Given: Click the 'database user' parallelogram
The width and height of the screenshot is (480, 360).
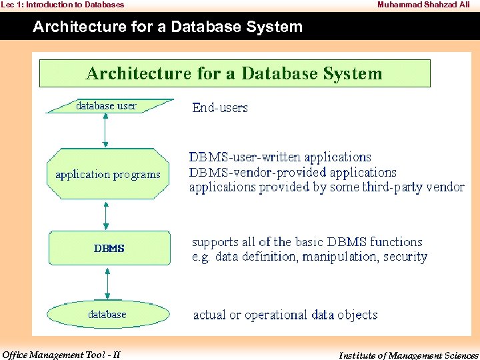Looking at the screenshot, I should [107, 106].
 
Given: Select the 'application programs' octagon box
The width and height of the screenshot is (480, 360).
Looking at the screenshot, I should [108, 174].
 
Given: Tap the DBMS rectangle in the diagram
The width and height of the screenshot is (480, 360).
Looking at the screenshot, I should [109, 248].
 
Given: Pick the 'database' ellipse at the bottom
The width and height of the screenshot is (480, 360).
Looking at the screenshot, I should [107, 314].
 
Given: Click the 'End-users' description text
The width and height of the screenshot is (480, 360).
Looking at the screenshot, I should [219, 107].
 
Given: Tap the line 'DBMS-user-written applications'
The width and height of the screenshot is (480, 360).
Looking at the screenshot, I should [280, 157].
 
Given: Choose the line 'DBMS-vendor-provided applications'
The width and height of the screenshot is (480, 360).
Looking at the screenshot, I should [293, 172].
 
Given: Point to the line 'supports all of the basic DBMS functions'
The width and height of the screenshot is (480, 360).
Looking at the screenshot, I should [307, 242].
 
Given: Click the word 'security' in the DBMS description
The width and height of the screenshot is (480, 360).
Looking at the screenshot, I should [405, 257].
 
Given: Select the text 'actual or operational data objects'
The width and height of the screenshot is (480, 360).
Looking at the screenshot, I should [285, 315].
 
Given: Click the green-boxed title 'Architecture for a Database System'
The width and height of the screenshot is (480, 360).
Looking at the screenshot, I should [235, 73].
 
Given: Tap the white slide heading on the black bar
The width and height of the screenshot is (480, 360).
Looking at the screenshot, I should [167, 27].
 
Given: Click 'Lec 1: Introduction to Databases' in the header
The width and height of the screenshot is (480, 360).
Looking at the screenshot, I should [62, 5].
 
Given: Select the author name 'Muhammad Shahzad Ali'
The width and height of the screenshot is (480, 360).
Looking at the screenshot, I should [423, 5].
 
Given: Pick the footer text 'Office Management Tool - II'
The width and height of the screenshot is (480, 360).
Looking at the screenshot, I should [61, 355].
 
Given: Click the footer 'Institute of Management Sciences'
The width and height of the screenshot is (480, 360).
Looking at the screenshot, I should [408, 355].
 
